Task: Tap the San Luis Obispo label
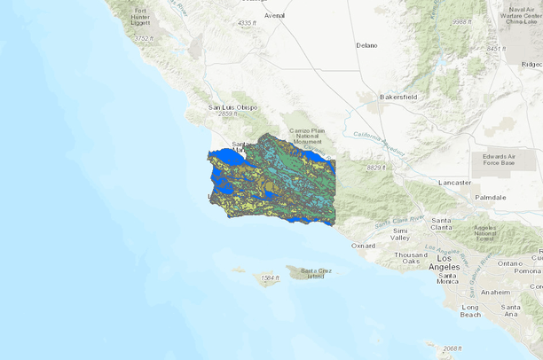(232, 107)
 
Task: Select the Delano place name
(366, 44)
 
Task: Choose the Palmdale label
(489, 197)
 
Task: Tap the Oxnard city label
(364, 246)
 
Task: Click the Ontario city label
(510, 263)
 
